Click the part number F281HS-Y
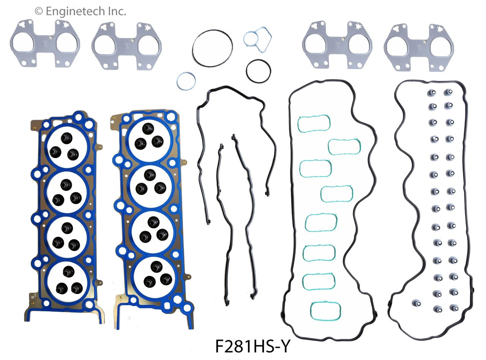click(x=252, y=347)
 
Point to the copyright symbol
click(x=39, y=11)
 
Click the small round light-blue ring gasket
click(x=186, y=81)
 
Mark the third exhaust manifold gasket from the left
click(x=337, y=45)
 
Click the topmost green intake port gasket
click(x=314, y=123)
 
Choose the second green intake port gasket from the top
click(x=344, y=147)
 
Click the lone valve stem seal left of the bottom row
click(x=417, y=303)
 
